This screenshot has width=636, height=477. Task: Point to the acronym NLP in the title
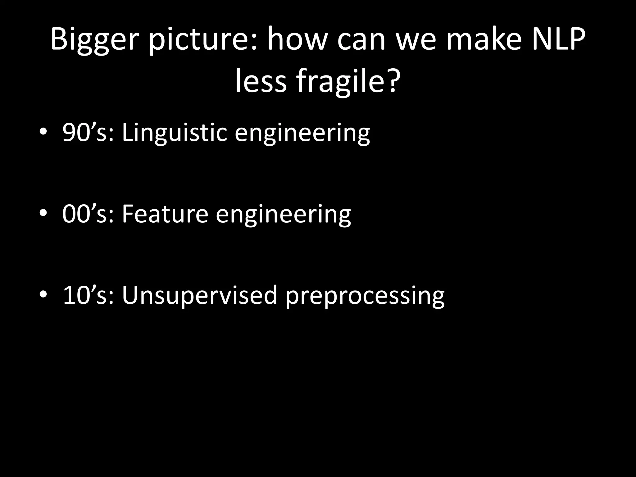[x=559, y=40]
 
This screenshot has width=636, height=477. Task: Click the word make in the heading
[x=484, y=40]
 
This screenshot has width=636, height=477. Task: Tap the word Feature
[x=165, y=214]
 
